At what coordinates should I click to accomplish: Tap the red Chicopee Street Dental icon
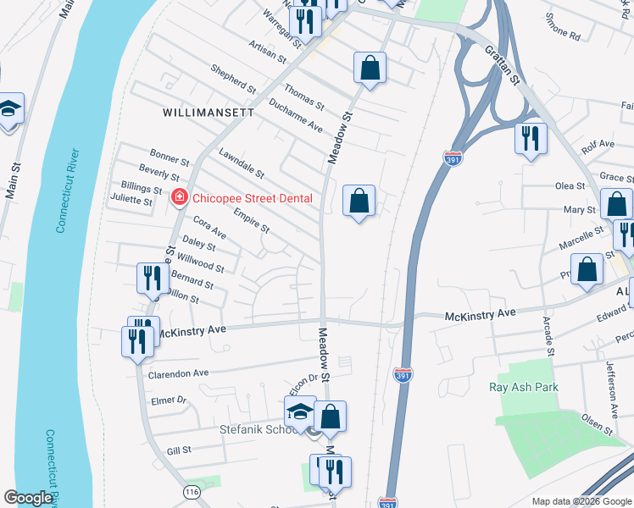(x=179, y=198)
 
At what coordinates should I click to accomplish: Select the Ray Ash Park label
(x=524, y=387)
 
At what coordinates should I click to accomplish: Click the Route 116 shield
(x=191, y=492)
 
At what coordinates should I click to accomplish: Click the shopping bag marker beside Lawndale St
(x=359, y=202)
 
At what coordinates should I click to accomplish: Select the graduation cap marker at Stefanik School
(x=299, y=412)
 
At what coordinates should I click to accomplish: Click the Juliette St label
(x=131, y=202)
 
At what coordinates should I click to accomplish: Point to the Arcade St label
(x=548, y=338)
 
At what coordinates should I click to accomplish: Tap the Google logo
(x=28, y=498)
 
